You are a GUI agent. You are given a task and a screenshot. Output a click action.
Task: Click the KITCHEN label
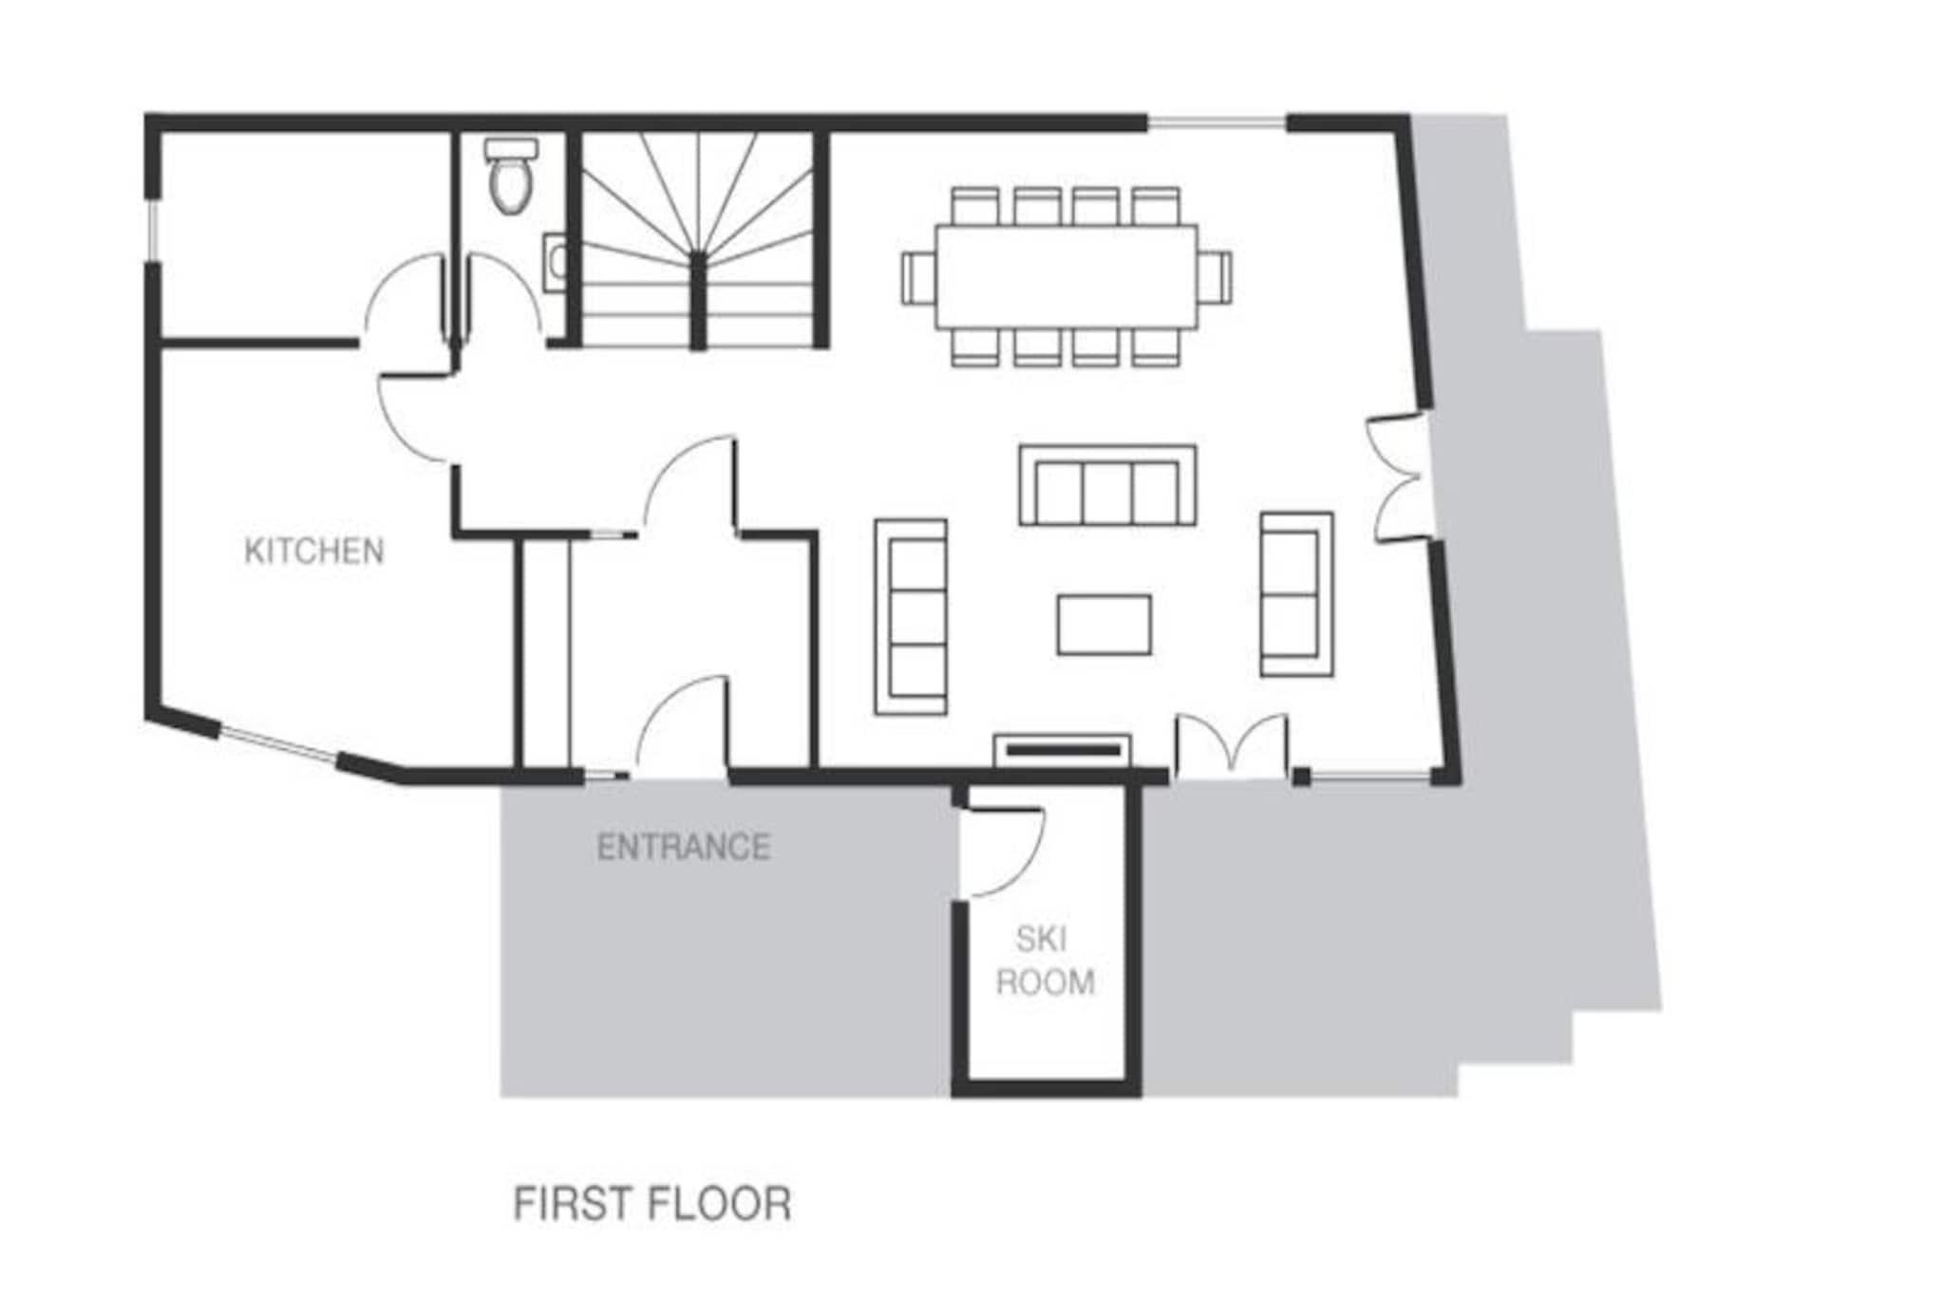coord(314,552)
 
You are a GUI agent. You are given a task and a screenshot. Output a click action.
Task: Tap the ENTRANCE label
coord(683,847)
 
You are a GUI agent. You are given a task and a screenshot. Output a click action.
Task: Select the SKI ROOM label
coord(1045,960)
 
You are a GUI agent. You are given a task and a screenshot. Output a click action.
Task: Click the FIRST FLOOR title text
coord(652,1204)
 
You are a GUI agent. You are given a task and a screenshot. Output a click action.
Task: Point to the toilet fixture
coord(511,175)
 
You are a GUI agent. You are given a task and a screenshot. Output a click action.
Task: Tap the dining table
coord(1067,277)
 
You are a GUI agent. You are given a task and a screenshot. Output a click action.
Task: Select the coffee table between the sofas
coord(1105,625)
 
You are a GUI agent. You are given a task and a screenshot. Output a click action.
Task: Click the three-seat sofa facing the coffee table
coord(1107,485)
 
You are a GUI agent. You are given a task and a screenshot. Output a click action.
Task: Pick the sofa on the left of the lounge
coord(911,616)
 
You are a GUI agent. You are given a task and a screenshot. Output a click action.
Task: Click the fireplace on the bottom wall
coord(1063,750)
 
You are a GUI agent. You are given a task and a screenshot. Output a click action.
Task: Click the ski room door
coord(1005,853)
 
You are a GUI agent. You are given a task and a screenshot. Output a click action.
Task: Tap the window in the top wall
coord(1217,122)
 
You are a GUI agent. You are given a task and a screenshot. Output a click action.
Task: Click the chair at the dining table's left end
coord(918,277)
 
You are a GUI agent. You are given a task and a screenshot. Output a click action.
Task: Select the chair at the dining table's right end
coord(1215,277)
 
